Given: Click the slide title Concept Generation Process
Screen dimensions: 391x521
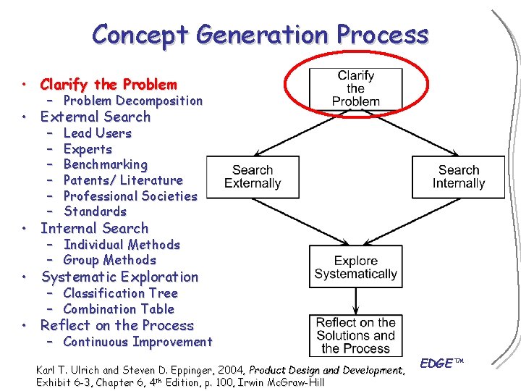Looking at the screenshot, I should pyautogui.click(x=260, y=34).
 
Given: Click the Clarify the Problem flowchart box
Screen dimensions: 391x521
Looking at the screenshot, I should pyautogui.click(x=355, y=88).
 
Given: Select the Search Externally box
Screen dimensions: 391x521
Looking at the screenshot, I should pyautogui.click(x=253, y=177).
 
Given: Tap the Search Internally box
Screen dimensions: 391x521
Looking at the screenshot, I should pyautogui.click(x=458, y=177).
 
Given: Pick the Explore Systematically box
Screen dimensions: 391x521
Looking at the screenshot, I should pyautogui.click(x=355, y=266).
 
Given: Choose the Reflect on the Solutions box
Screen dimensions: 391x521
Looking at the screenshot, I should pyautogui.click(x=355, y=335).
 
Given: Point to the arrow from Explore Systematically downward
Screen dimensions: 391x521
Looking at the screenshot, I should pyautogui.click(x=355, y=300).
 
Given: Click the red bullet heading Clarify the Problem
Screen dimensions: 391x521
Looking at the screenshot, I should pyautogui.click(x=109, y=84).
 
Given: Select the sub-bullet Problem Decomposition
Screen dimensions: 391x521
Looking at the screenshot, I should pyautogui.click(x=132, y=101).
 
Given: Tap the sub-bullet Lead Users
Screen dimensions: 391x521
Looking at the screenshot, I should pyautogui.click(x=98, y=133).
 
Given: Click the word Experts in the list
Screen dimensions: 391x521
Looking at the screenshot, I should pyautogui.click(x=88, y=149).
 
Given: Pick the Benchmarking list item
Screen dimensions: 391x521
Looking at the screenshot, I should pyautogui.click(x=106, y=164).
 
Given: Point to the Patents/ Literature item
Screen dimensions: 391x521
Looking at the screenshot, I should pyautogui.click(x=123, y=180).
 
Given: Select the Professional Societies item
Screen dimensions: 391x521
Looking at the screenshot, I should pyautogui.click(x=130, y=195).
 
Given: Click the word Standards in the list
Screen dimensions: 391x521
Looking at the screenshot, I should pyautogui.click(x=96, y=211).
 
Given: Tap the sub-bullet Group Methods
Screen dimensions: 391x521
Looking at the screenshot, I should pyautogui.click(x=110, y=260).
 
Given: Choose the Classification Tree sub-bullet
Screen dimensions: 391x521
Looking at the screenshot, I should pyautogui.click(x=120, y=293).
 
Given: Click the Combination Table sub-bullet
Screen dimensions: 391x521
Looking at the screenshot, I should pyautogui.click(x=119, y=309).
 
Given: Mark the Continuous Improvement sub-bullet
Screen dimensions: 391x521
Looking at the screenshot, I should pyautogui.click(x=137, y=342).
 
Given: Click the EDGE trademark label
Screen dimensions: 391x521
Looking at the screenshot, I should pyautogui.click(x=441, y=363).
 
